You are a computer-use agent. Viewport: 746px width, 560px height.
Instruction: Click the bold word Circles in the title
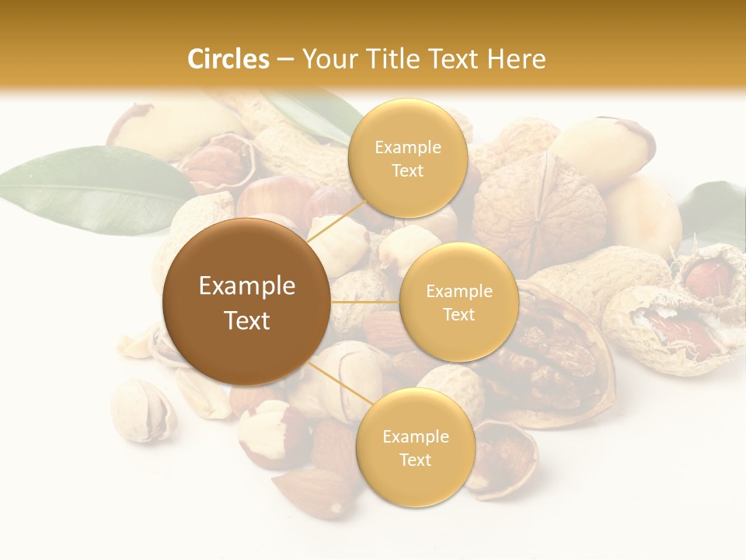tap(228, 59)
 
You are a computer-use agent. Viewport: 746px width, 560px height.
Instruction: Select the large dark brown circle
tap(246, 301)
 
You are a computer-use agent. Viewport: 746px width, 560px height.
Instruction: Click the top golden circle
tap(407, 158)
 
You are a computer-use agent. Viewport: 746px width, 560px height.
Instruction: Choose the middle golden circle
tap(458, 302)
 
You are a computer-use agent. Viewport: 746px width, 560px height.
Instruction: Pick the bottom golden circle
tap(415, 447)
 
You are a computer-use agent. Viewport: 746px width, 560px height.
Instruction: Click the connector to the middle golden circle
tap(364, 301)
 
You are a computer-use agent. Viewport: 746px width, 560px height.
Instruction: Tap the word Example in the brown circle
tap(246, 286)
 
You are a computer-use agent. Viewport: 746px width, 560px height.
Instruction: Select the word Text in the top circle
tap(407, 170)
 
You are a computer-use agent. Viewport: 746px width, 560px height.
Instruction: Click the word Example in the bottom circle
tap(415, 436)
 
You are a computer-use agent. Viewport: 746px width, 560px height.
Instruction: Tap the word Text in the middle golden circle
tap(458, 314)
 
